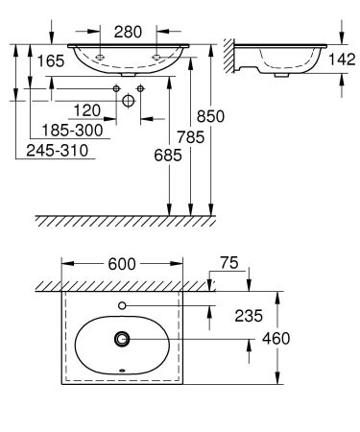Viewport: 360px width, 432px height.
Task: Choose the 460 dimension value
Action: click(302, 338)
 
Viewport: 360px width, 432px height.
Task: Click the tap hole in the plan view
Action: click(122, 306)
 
